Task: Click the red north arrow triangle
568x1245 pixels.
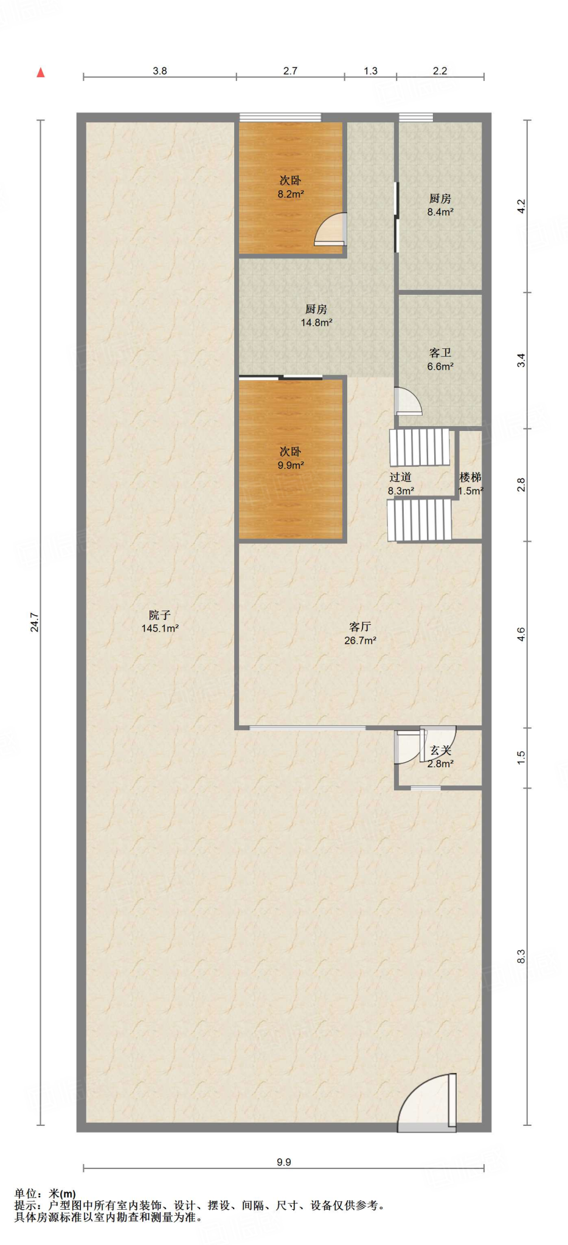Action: (x=41, y=73)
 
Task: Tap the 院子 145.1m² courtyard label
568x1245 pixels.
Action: (x=160, y=622)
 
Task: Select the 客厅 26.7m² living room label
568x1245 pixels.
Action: (x=360, y=633)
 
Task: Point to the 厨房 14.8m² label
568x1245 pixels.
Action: (x=316, y=316)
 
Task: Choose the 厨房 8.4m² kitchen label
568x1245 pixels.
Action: (x=440, y=205)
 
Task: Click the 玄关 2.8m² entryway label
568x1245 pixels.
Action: (x=440, y=757)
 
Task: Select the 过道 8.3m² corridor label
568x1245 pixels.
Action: (x=401, y=484)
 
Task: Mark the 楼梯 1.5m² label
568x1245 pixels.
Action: (x=471, y=484)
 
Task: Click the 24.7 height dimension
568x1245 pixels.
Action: (x=35, y=622)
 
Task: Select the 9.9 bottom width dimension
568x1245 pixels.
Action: (x=284, y=1162)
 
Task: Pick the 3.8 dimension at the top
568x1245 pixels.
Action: (x=160, y=71)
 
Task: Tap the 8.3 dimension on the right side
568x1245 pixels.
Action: (x=521, y=957)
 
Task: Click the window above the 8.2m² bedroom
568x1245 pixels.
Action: (x=280, y=117)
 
